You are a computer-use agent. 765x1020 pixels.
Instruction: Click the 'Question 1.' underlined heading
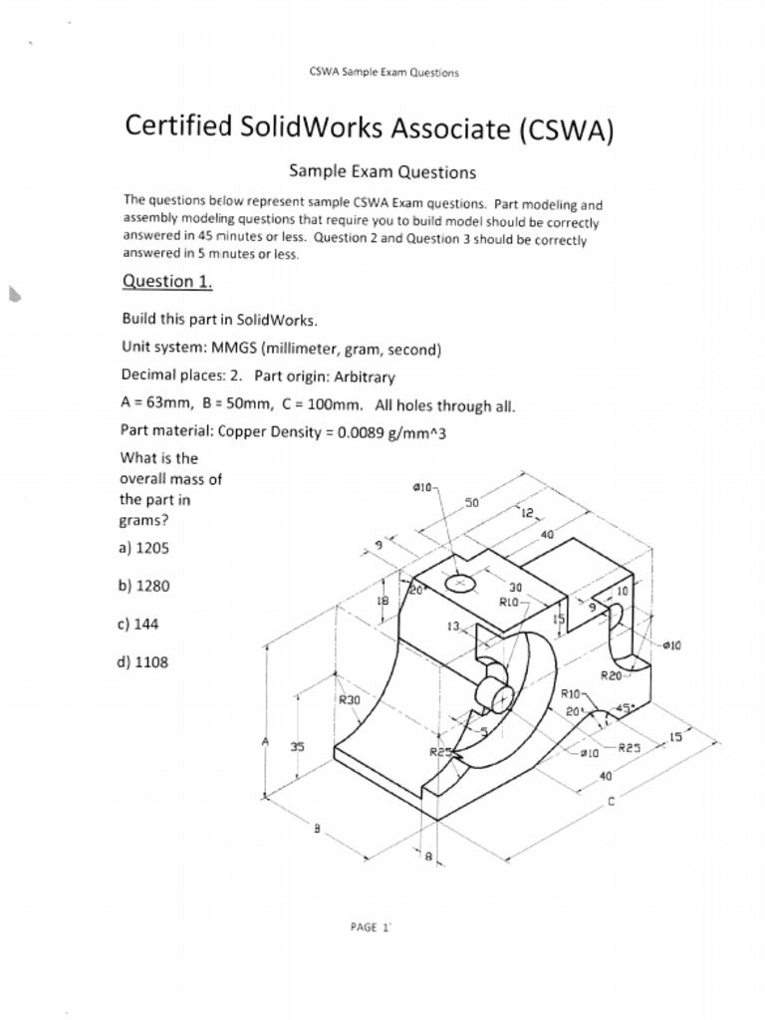click(166, 281)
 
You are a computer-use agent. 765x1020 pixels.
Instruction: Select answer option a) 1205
click(143, 548)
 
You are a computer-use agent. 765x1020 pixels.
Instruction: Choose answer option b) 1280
click(143, 586)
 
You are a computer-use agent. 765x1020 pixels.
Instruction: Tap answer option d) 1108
click(143, 661)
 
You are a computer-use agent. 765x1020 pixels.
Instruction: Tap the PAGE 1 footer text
click(371, 926)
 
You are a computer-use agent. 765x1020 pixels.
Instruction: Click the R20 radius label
click(611, 674)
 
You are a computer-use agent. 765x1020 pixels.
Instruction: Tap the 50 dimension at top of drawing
click(471, 503)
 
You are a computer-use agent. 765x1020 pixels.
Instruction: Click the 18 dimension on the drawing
click(381, 601)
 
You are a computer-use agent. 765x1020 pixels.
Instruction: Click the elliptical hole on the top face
click(460, 582)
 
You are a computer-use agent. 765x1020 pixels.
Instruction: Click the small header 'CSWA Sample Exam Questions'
click(384, 73)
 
